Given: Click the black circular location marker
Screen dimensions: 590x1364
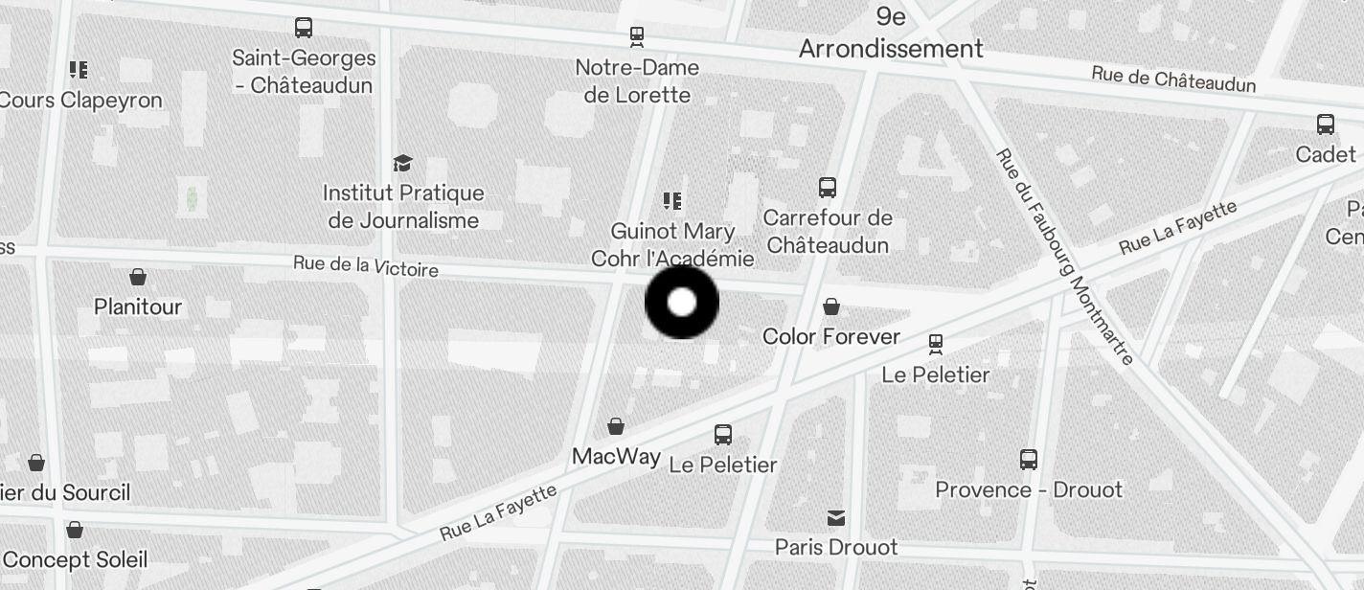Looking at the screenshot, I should [682, 303].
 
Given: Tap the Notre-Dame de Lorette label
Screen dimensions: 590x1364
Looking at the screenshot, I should [637, 81].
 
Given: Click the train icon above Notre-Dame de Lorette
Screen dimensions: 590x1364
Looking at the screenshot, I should [637, 37].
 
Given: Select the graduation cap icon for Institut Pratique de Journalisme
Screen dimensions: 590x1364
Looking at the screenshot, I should [403, 164].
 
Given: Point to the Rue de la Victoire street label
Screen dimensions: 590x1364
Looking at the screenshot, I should [366, 265].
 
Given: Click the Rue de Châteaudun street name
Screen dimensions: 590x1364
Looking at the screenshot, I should [1173, 79].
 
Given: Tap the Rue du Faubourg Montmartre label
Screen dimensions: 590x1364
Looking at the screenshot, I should [1064, 257].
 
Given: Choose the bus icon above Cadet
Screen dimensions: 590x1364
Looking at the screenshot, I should [1326, 125].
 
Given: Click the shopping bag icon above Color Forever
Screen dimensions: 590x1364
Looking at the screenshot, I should [831, 306].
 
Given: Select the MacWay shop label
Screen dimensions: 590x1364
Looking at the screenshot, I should [616, 456].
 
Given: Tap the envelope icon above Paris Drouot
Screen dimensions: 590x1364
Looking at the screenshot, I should [836, 518].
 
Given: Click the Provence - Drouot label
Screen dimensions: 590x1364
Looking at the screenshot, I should [1028, 489].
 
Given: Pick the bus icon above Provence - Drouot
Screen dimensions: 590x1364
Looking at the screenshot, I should [1029, 460].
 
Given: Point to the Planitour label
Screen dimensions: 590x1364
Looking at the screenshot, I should [138, 306].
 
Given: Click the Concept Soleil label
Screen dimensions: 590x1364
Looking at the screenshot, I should [75, 559].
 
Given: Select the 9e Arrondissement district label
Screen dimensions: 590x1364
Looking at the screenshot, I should [891, 33].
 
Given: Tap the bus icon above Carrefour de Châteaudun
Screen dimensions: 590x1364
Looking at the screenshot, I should [828, 188].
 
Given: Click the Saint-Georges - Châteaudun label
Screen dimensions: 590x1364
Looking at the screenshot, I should [305, 72].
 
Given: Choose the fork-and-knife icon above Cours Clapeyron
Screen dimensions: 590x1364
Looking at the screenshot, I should [79, 69].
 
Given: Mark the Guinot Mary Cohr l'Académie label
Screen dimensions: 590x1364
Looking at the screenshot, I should [672, 245].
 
